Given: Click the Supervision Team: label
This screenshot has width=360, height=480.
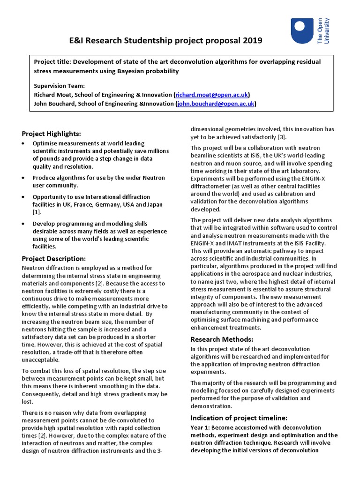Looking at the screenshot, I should (x=59, y=86).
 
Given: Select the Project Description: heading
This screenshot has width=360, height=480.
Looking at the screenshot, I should (x=54, y=259).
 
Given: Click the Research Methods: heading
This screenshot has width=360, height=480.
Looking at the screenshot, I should (x=221, y=339).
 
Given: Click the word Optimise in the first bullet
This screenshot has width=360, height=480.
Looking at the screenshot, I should (x=45, y=143).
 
